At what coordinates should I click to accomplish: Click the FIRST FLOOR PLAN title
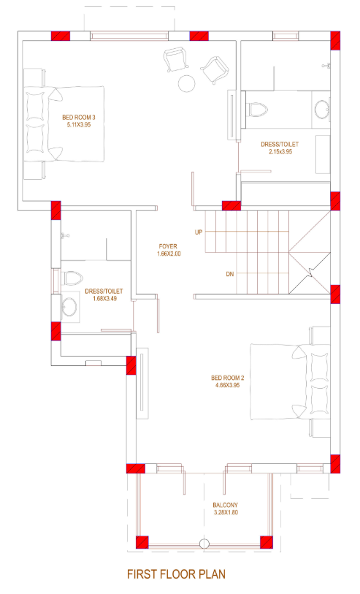click(x=176, y=574)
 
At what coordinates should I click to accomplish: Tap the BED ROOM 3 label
click(x=79, y=117)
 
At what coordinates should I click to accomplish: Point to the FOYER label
click(x=168, y=245)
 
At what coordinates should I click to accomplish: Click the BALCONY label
click(x=225, y=505)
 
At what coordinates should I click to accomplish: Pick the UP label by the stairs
click(x=199, y=232)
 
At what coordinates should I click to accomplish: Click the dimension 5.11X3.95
click(x=79, y=125)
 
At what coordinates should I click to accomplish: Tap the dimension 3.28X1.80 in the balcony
click(x=225, y=513)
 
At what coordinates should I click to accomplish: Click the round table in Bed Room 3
click(x=188, y=83)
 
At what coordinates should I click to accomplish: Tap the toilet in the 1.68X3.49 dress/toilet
click(x=72, y=278)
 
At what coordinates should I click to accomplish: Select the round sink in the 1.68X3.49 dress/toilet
click(x=69, y=307)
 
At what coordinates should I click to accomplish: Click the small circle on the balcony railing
click(x=205, y=543)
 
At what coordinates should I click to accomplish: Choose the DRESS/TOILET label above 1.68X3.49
click(x=104, y=291)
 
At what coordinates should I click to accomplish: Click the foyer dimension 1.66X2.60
click(x=168, y=254)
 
